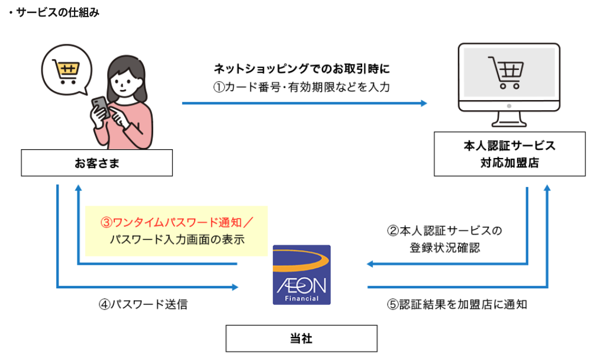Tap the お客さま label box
point(96,163)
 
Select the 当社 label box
point(301,339)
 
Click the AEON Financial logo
point(302,274)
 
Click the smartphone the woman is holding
point(101,107)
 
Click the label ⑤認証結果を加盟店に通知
point(457,305)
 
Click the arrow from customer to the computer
point(304,103)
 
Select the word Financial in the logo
point(302,298)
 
